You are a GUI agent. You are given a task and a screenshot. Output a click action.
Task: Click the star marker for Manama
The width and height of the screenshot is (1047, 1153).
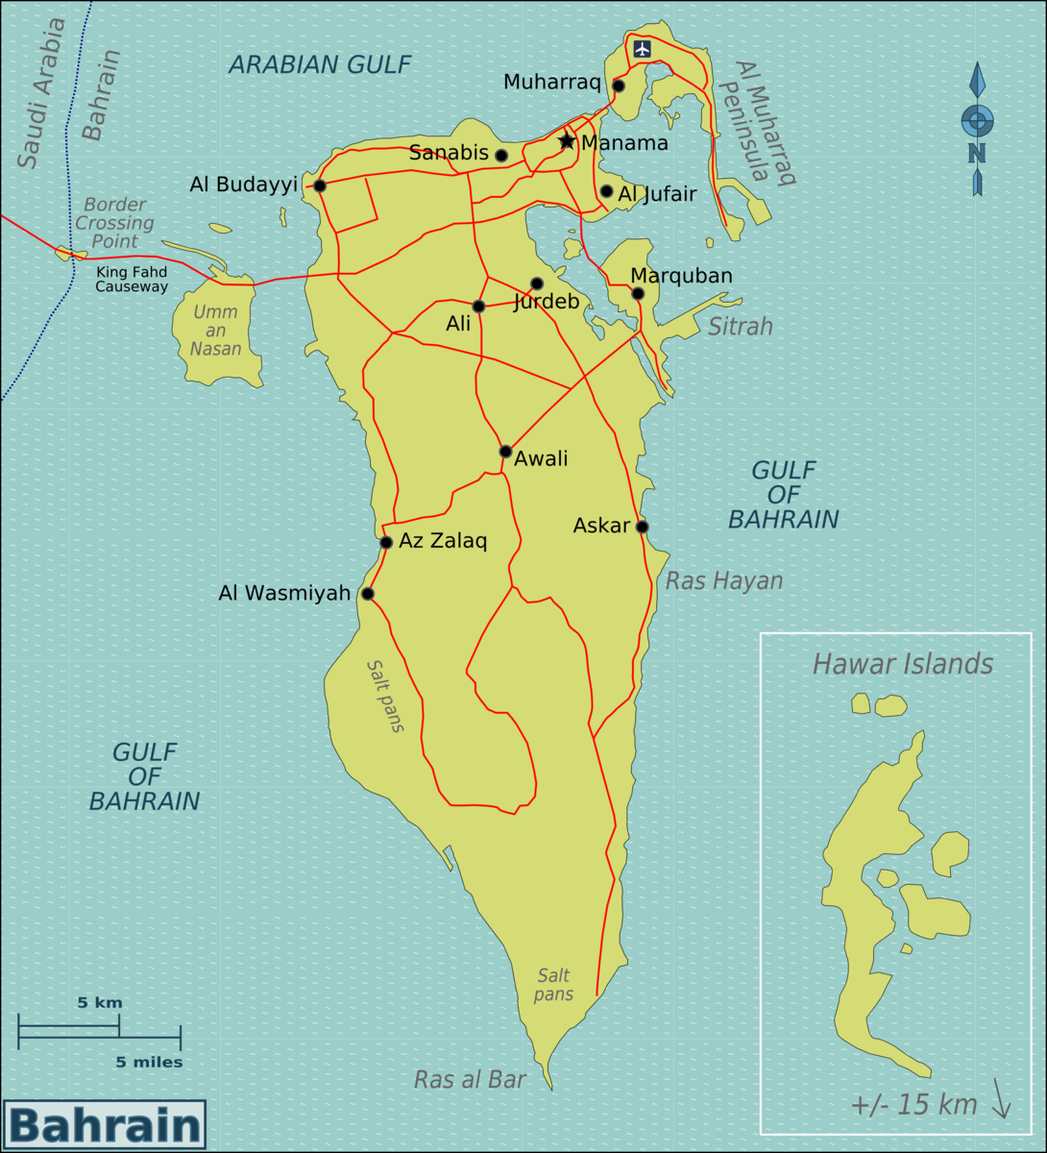pos(567,141)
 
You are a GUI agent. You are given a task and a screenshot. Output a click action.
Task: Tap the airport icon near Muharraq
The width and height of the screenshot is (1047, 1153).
pos(642,48)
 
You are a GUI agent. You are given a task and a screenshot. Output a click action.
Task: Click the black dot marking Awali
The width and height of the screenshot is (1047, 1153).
pos(505,452)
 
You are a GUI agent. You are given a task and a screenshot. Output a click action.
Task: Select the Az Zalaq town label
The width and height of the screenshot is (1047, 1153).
pos(443,541)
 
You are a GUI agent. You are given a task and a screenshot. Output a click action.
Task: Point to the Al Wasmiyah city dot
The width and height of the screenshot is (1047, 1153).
pos(367,594)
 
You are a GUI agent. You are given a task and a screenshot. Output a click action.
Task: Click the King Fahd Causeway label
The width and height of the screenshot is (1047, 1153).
pos(132,280)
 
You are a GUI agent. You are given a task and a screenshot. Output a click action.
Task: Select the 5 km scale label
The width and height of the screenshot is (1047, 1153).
pos(100,1003)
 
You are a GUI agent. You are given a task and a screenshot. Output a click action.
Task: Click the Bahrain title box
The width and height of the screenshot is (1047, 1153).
pos(105,1124)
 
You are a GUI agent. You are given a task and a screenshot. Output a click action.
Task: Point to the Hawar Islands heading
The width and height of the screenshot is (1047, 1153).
pos(902,664)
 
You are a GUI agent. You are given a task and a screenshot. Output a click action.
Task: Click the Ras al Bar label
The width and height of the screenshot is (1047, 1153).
pos(470,1080)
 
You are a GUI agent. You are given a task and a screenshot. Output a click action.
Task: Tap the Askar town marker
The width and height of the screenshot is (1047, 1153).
pos(642,527)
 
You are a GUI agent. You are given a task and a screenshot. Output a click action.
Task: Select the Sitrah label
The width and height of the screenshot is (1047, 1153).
pos(741,327)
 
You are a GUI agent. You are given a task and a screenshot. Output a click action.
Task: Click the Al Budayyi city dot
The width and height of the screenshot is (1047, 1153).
pos(320,185)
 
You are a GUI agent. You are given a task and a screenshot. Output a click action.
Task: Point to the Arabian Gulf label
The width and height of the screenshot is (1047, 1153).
pos(320,64)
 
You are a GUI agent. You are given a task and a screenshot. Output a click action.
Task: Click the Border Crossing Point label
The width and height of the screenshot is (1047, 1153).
pos(114,223)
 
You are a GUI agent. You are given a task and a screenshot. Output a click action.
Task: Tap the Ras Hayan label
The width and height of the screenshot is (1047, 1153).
pos(724,580)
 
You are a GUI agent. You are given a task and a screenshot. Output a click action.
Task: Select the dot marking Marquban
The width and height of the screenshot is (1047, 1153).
pos(638,293)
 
